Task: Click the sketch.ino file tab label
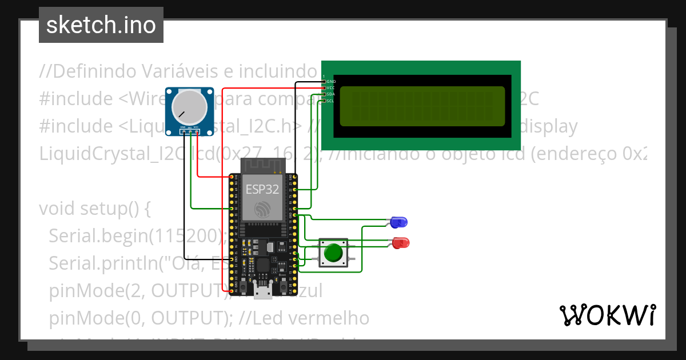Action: point(101,25)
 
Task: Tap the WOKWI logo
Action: point(607,315)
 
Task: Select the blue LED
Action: point(398,221)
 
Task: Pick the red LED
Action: point(401,243)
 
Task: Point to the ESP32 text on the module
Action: point(262,189)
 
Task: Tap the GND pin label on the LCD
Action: point(331,82)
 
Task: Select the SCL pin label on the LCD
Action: point(330,101)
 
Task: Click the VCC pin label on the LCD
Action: point(330,88)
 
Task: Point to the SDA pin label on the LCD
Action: point(330,94)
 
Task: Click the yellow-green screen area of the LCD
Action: point(422,106)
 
